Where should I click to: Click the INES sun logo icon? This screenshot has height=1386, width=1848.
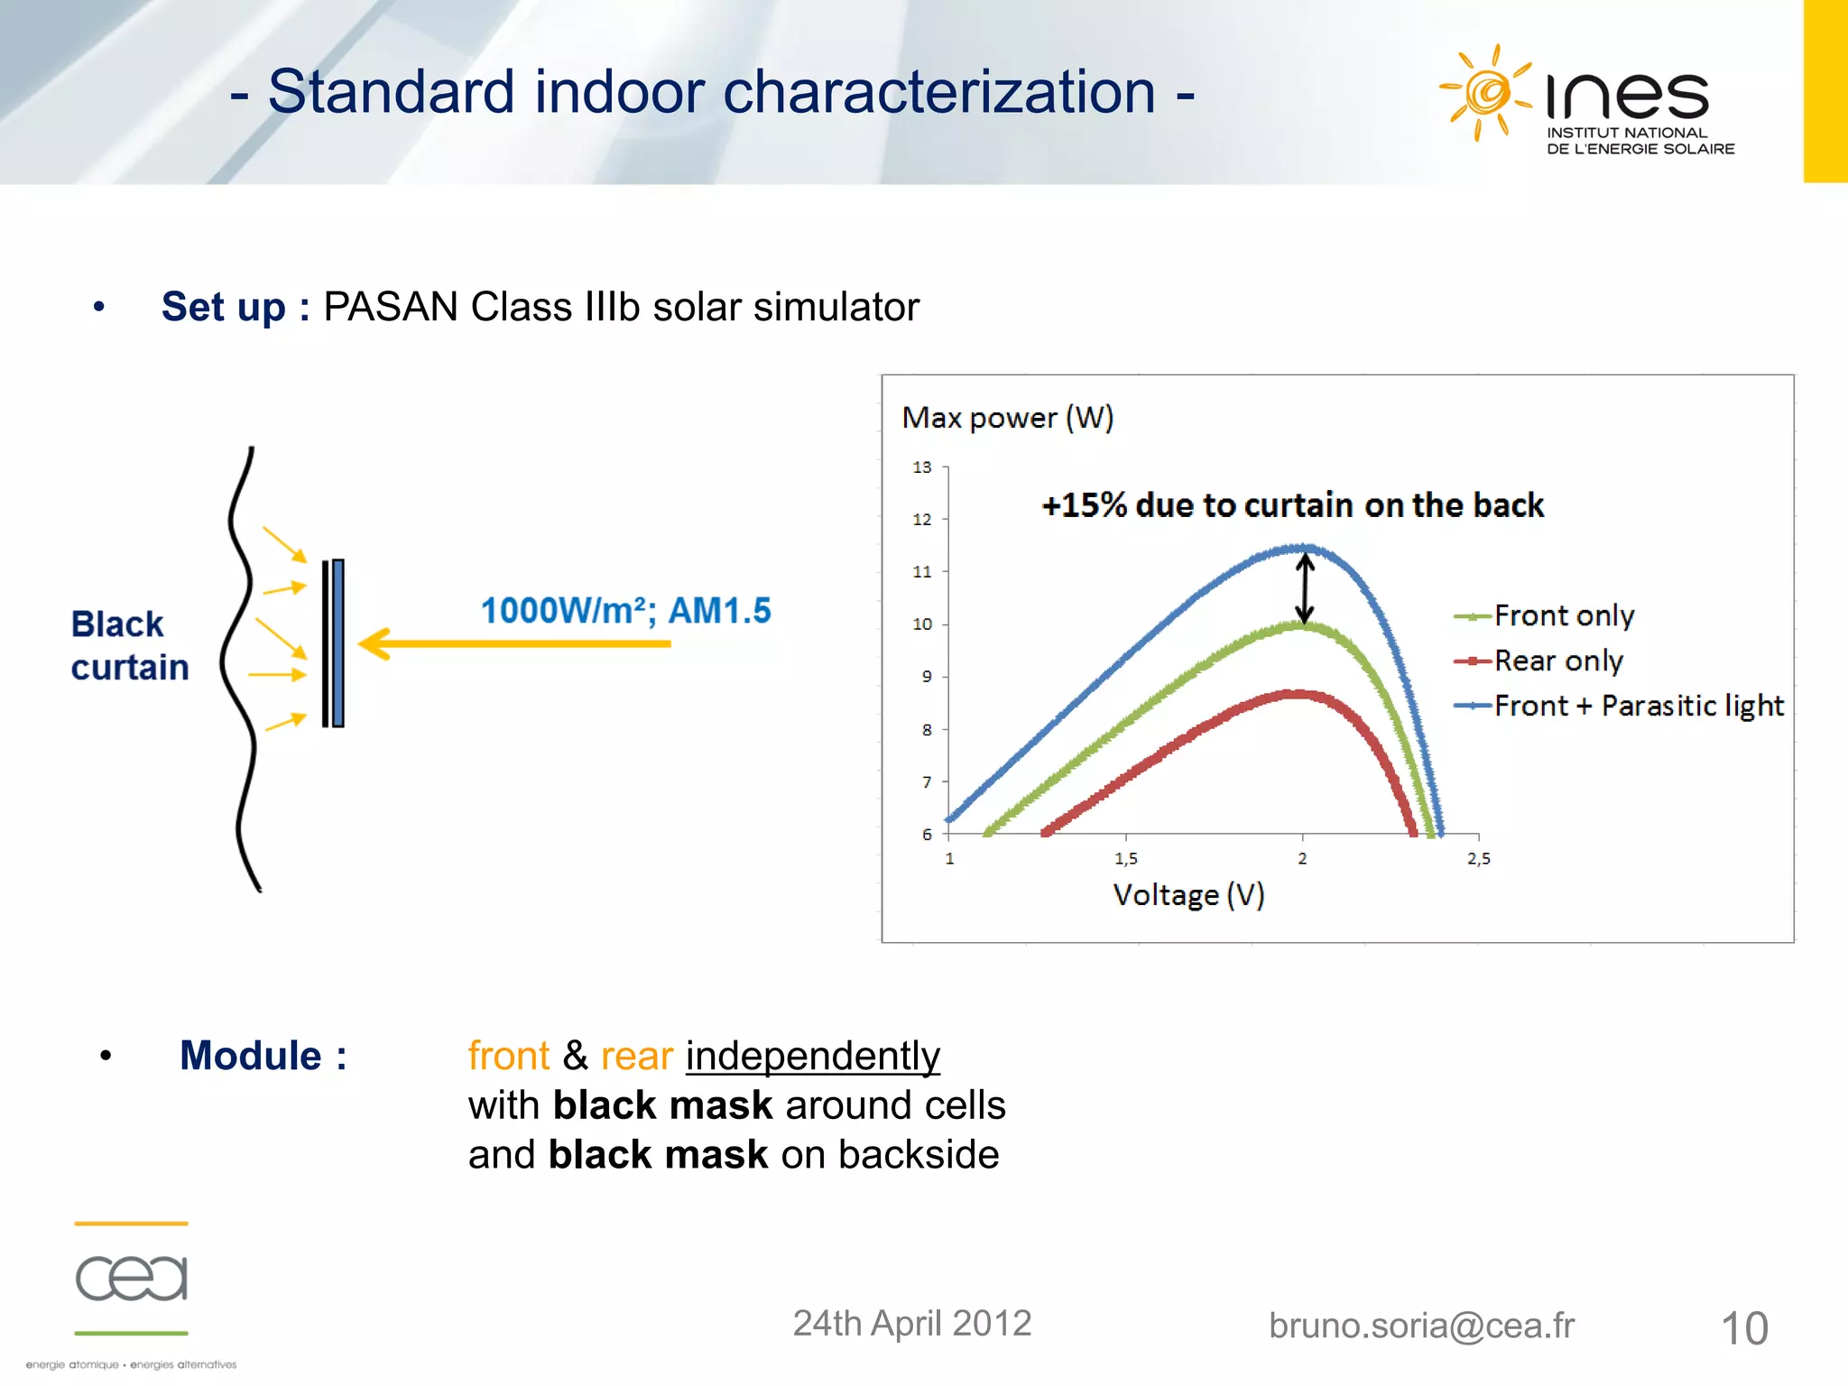1484,92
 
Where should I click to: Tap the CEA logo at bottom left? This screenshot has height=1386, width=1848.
132,1278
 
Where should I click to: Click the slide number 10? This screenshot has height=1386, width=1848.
1743,1328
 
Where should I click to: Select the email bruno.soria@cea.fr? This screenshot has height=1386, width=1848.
1421,1326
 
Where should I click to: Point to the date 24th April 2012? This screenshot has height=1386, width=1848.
911,1324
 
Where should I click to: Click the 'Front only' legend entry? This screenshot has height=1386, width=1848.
1563,616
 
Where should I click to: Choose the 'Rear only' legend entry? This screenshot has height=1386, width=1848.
1557,661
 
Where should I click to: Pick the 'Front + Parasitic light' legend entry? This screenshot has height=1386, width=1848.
1638,706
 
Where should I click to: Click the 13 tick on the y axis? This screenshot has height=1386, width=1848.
921,467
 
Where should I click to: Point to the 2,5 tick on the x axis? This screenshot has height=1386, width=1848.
1478,859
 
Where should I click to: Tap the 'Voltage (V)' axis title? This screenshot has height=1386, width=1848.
1187,895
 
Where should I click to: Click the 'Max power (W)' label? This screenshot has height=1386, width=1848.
1007,418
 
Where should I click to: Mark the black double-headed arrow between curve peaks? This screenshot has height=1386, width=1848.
1305,588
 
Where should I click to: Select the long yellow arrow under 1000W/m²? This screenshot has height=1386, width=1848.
514,644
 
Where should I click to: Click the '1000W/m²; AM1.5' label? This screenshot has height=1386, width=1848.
625,611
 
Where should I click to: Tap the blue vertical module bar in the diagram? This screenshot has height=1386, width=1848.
337,642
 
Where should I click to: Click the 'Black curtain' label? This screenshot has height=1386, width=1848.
129,646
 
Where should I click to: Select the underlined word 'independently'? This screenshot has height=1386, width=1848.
812,1056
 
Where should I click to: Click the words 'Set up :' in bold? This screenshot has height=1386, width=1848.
236,307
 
